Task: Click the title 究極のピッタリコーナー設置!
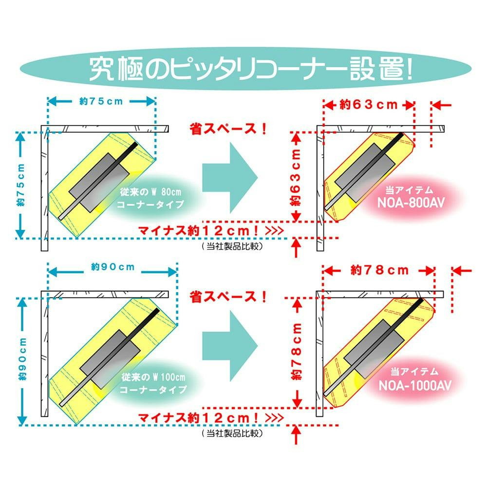(251, 69)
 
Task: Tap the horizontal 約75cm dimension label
(101, 101)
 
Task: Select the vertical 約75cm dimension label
(21, 185)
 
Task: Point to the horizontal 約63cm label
(368, 105)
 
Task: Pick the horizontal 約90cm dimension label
(113, 267)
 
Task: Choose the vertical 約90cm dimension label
(22, 359)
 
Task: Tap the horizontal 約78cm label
(379, 270)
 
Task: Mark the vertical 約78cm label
(297, 351)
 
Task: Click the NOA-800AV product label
(411, 203)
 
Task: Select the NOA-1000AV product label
(415, 385)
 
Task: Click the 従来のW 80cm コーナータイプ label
(150, 198)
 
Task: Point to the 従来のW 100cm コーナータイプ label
(153, 383)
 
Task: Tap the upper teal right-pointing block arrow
(230, 178)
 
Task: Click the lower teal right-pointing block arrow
(230, 346)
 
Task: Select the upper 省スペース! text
(228, 129)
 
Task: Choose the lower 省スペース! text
(228, 297)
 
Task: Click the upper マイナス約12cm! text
(211, 231)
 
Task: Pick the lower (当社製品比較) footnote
(232, 433)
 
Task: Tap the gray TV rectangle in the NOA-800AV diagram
(365, 172)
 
